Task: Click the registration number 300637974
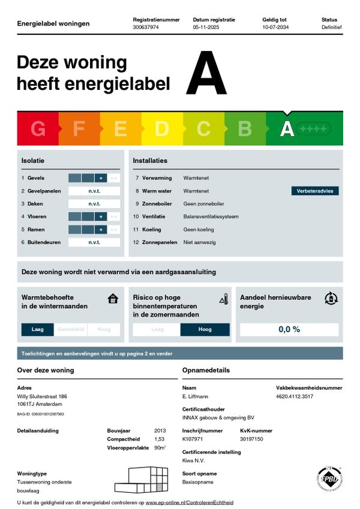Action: (145, 28)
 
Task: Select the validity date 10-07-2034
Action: (275, 28)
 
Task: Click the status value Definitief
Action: (331, 28)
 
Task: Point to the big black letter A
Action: (206, 74)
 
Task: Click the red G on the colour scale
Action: (38, 129)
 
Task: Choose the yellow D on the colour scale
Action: (162, 129)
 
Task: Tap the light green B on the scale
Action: (245, 129)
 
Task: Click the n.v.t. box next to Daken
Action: (94, 204)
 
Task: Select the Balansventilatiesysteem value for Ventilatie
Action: (211, 216)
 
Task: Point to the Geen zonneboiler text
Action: (203, 204)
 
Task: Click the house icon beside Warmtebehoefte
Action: (113, 298)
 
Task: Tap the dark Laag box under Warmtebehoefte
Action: (38, 329)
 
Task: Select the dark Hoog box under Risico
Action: (205, 329)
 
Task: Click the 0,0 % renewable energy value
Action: (289, 329)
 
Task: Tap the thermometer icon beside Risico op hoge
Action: (223, 299)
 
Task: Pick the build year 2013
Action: (160, 430)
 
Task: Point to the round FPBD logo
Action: (329, 481)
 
